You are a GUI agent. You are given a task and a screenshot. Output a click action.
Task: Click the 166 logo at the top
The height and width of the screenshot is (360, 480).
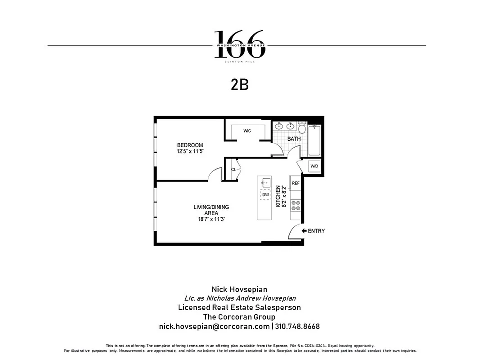pyautogui.click(x=239, y=45)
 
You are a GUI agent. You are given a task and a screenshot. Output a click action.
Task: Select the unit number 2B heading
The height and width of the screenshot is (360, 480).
pyautogui.click(x=239, y=85)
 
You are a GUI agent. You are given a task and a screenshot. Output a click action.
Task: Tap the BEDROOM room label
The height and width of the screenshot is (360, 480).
pyautogui.click(x=190, y=145)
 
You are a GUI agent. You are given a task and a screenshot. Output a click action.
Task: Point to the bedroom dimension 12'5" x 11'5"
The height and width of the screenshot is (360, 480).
pyautogui.click(x=190, y=152)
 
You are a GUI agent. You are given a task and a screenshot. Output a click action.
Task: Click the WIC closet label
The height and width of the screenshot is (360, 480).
pyautogui.click(x=247, y=131)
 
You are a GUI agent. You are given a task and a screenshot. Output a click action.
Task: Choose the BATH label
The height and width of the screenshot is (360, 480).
pyautogui.click(x=294, y=139)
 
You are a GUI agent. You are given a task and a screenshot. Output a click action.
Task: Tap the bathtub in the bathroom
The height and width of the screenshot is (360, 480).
pyautogui.click(x=314, y=140)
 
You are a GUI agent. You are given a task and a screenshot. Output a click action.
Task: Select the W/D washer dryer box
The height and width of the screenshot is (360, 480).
pyautogui.click(x=314, y=166)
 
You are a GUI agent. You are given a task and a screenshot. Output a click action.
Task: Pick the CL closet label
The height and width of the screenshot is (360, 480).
pyautogui.click(x=233, y=170)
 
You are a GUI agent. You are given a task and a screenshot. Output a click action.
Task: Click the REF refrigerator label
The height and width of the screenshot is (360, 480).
pyautogui.click(x=296, y=183)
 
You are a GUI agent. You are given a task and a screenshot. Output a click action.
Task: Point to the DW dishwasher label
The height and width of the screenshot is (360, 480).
pyautogui.click(x=265, y=195)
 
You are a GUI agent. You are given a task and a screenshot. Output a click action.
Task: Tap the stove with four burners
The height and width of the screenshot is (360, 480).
pyautogui.click(x=296, y=206)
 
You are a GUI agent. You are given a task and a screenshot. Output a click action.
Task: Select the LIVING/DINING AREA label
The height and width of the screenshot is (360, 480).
pyautogui.click(x=211, y=210)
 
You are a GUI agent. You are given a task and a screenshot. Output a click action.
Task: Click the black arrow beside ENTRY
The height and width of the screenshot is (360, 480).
pyautogui.click(x=304, y=231)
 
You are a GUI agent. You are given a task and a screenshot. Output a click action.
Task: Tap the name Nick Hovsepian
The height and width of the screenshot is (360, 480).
pyautogui.click(x=239, y=289)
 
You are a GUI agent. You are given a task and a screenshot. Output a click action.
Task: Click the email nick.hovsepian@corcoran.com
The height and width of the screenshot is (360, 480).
pyautogui.click(x=215, y=326)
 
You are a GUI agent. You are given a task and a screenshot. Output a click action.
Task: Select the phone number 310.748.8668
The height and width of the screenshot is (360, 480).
pyautogui.click(x=297, y=326)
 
